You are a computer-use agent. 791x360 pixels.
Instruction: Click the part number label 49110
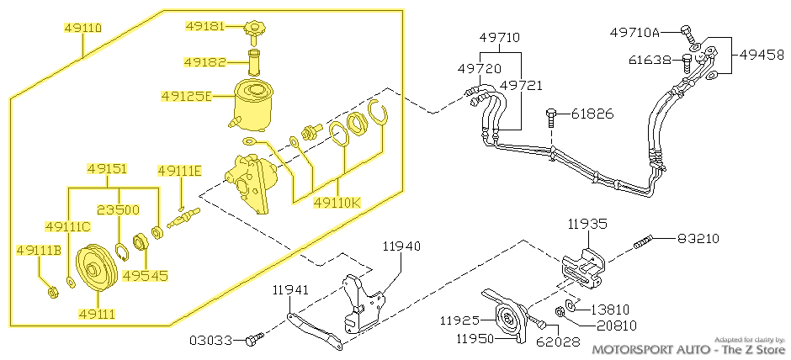tap(83, 28)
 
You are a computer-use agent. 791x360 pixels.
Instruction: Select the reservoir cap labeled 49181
tap(252, 31)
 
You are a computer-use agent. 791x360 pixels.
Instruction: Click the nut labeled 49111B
tap(51, 292)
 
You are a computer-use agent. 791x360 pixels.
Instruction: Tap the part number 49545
tap(146, 275)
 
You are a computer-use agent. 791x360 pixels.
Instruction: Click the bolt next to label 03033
tap(254, 340)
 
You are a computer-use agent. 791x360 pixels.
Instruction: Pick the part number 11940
tap(401, 246)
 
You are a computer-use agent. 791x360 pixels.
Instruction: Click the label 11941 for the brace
tap(291, 290)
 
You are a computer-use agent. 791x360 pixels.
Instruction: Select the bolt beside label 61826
tap(551, 114)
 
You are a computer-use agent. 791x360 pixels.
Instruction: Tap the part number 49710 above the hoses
tap(500, 38)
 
